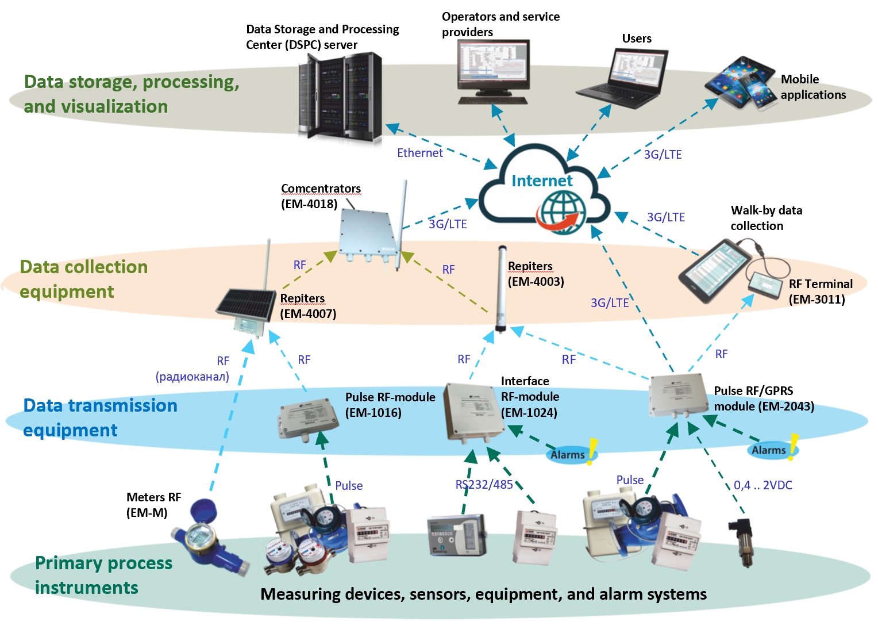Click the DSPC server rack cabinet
(x=340, y=97)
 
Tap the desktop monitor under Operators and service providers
(x=494, y=72)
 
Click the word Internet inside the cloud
(x=542, y=181)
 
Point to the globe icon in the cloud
(x=561, y=212)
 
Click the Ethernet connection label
(x=420, y=152)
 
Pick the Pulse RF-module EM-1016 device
(x=308, y=419)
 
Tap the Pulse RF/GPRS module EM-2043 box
(x=679, y=394)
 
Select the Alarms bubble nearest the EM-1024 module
(x=571, y=454)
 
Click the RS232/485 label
(x=484, y=485)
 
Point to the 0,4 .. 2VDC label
(x=763, y=485)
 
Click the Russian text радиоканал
(x=192, y=377)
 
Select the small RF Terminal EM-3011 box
(x=764, y=285)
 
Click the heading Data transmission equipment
(x=101, y=417)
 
